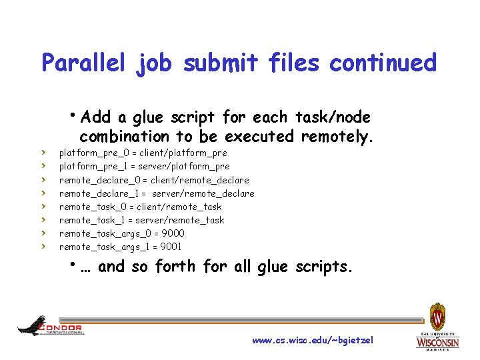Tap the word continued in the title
pos(383,63)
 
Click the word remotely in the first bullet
pos(335,137)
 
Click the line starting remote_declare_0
pos(154,180)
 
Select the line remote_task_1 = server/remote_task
pos(141,220)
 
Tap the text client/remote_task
pos(179,207)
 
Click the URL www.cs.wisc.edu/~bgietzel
pos(313,341)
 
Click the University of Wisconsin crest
pos(438,317)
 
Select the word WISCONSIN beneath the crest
pos(438,342)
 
